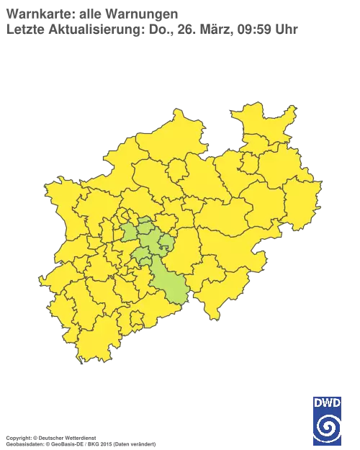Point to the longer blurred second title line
point(151,30)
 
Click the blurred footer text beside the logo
point(79,437)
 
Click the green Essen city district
point(130,232)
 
